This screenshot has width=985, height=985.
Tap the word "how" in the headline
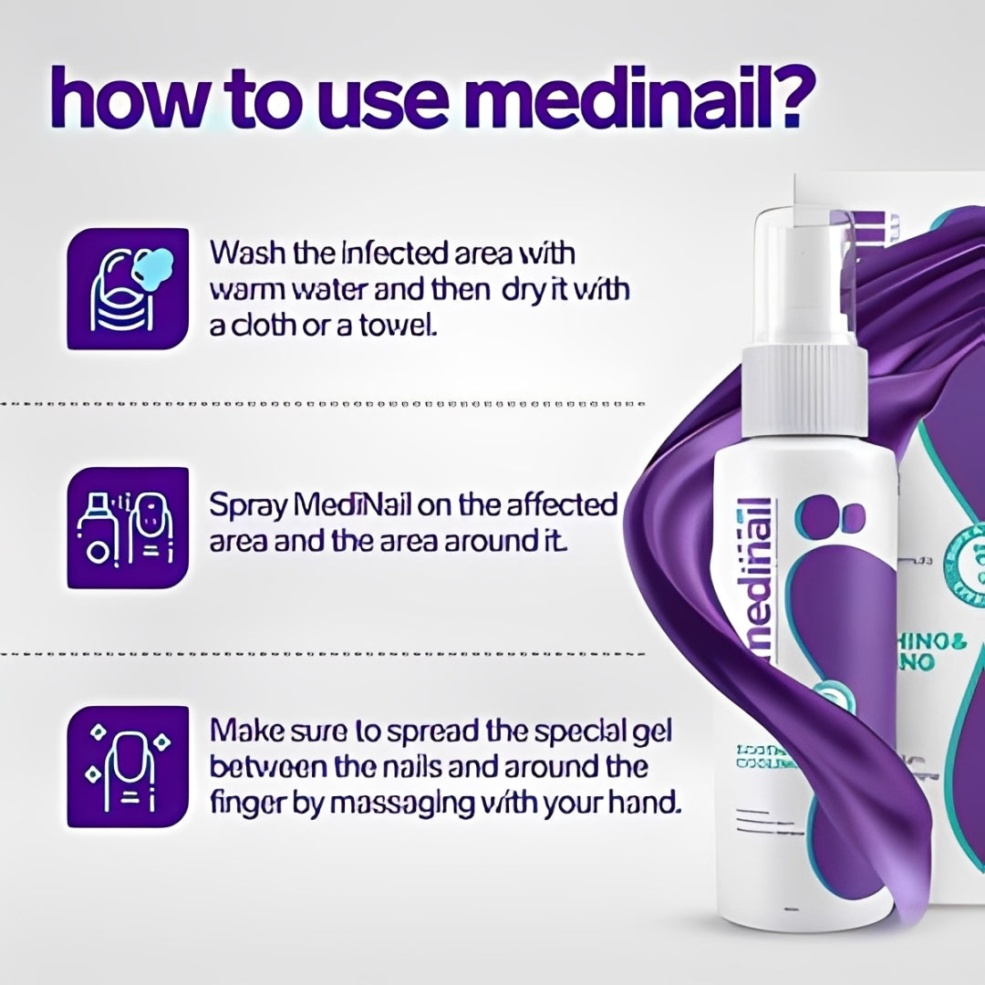[129, 99]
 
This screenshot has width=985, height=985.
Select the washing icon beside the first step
[129, 288]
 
